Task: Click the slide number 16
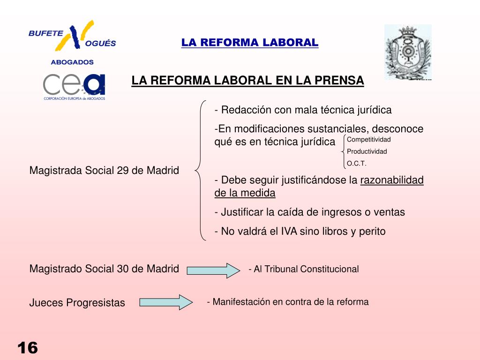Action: click(28, 348)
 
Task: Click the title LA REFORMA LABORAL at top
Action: click(250, 43)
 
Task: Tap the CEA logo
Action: click(74, 86)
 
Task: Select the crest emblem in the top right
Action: click(407, 52)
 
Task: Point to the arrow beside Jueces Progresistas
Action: click(166, 302)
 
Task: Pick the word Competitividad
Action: click(368, 140)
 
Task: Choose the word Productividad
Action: click(367, 151)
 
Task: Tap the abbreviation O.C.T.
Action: click(356, 164)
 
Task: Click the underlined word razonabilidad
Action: click(392, 180)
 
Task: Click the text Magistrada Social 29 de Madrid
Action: click(104, 170)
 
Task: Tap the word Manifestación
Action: click(240, 302)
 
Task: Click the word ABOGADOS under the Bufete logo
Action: click(72, 62)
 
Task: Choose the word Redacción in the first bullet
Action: click(241, 110)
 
